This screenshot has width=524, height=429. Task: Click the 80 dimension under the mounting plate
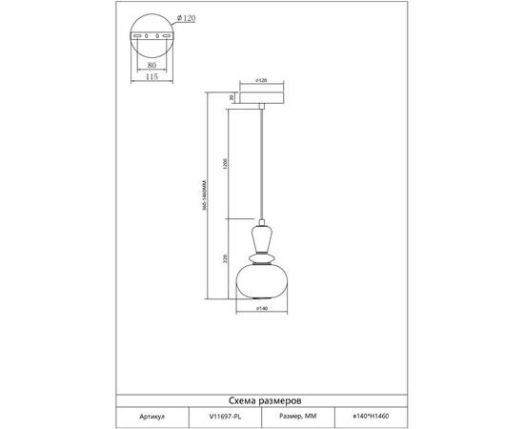[153, 67]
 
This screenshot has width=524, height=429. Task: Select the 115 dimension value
[153, 79]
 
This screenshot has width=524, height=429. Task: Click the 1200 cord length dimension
[223, 161]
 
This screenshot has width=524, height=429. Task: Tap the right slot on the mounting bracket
[167, 36]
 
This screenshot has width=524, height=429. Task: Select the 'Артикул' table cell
[152, 417]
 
